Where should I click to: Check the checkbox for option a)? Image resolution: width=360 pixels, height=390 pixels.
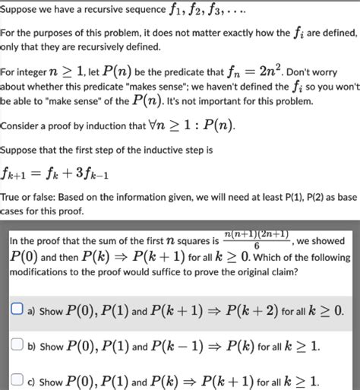point(16,310)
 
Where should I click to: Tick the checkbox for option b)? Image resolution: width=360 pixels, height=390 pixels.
point(16,345)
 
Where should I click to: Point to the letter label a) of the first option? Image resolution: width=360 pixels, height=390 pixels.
point(33,311)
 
